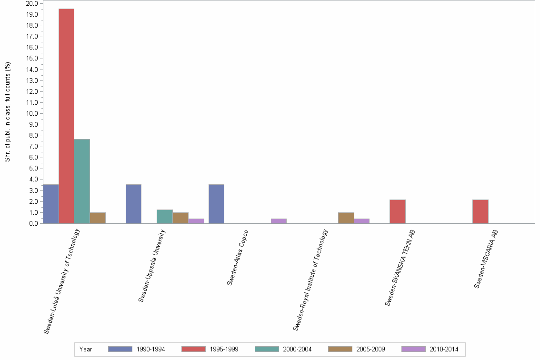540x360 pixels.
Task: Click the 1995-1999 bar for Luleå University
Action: coord(66,116)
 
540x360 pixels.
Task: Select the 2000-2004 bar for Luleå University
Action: coord(82,181)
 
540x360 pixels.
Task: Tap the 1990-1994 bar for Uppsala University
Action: coord(133,204)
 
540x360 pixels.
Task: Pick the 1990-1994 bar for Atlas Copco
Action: coord(216,204)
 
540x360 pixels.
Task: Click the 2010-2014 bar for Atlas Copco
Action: coord(279,221)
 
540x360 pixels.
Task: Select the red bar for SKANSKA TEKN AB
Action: coord(398,211)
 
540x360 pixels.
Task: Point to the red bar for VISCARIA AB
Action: coord(480,211)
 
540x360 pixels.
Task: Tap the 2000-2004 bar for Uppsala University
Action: coord(164,217)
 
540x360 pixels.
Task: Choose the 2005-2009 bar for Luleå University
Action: coord(98,218)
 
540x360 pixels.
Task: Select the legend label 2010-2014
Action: coord(444,349)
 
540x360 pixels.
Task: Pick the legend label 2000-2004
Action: coord(297,349)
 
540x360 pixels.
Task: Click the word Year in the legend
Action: coord(86,349)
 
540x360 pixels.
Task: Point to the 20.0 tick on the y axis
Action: coord(32,4)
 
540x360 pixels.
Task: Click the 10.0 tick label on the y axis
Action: coord(32,114)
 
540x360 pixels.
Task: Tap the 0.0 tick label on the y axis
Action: coord(33,223)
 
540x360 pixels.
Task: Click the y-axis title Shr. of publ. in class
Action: coord(8,112)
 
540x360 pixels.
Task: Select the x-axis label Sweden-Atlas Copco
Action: coord(238,257)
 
